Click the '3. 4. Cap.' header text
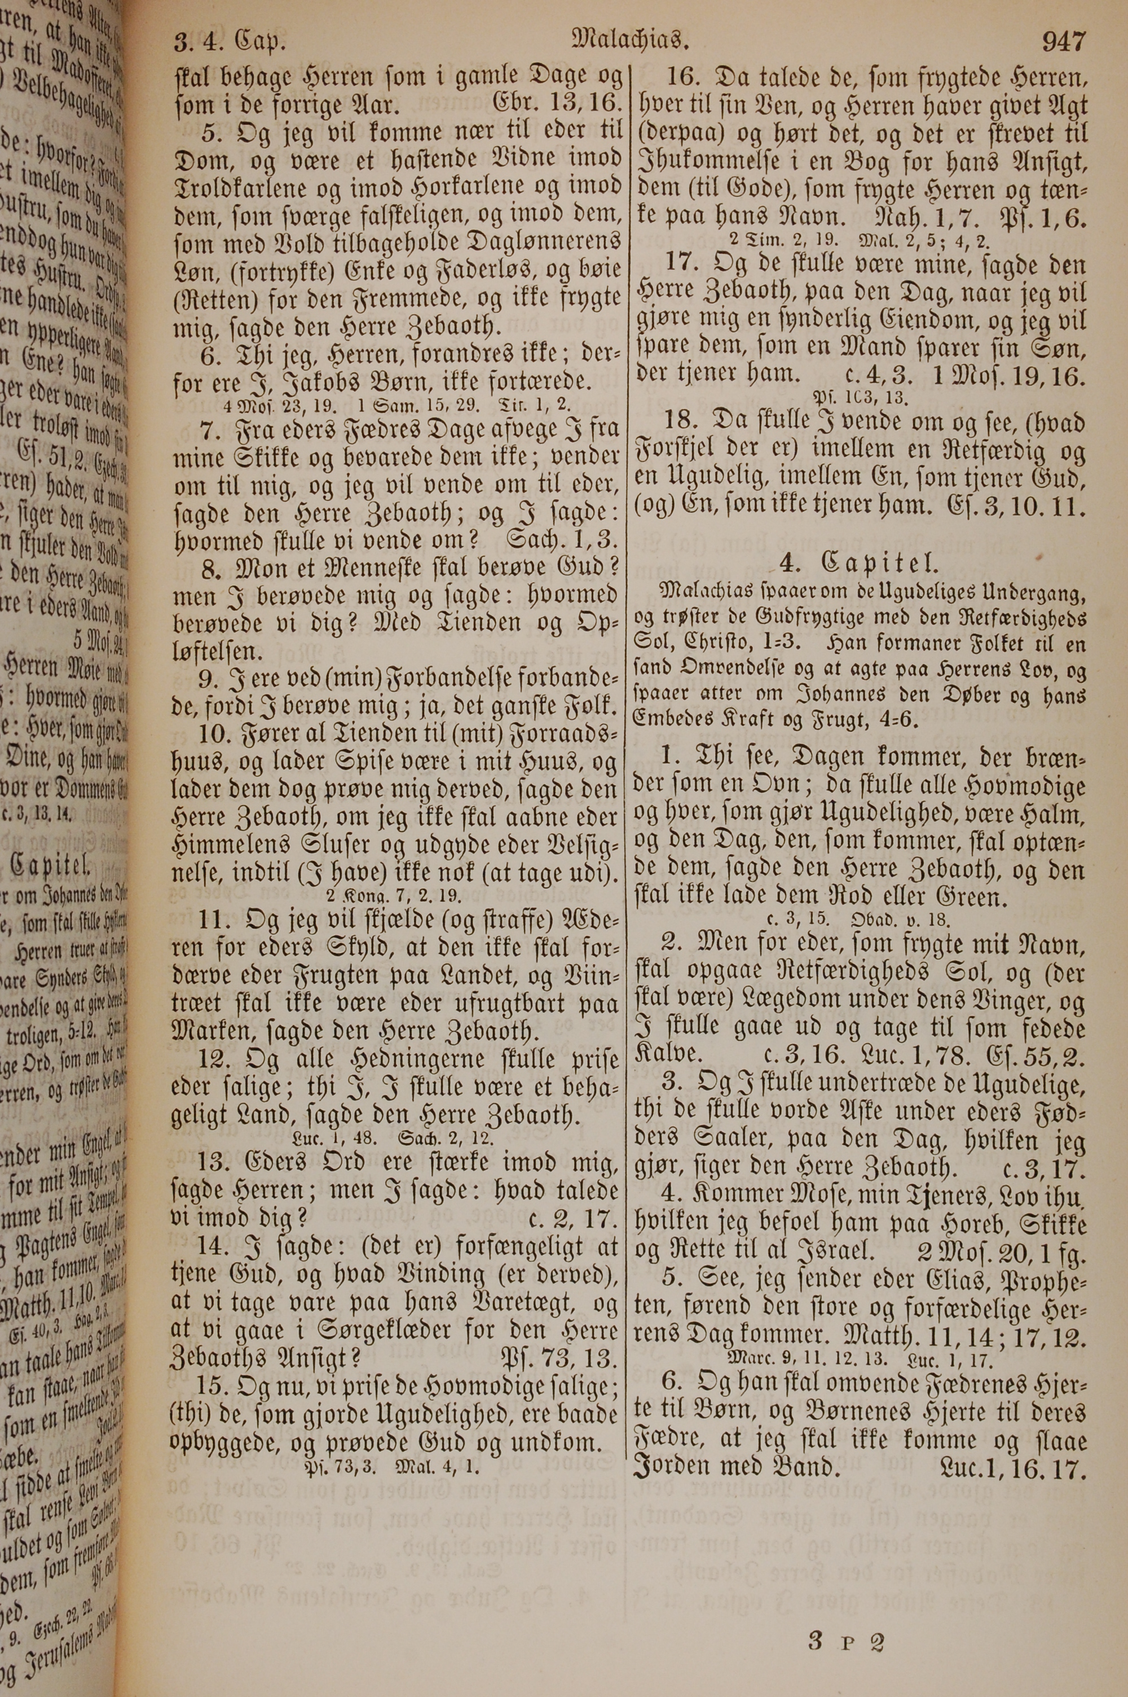(x=229, y=44)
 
